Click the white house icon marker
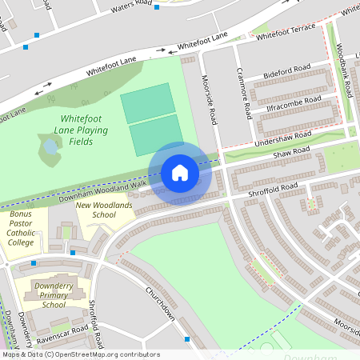(180, 172)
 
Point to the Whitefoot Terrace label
(284, 32)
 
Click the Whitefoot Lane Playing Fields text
(81, 127)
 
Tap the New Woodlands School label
(95, 210)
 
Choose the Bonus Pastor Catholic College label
(21, 228)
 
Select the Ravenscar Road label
(67, 330)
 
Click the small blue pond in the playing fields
(50, 147)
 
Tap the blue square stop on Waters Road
(157, 7)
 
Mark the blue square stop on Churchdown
(187, 339)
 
